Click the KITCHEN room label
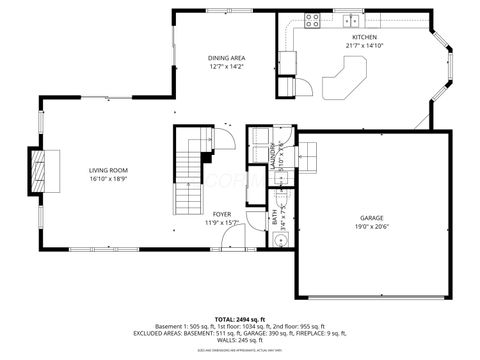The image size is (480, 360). tap(364, 37)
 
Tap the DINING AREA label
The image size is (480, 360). tap(226, 59)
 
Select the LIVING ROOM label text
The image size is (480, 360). tap(109, 171)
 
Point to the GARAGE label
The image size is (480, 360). tap(372, 218)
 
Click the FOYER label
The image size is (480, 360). tap(222, 214)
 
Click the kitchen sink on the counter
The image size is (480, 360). tap(352, 21)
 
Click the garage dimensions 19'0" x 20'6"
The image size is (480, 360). tap(372, 226)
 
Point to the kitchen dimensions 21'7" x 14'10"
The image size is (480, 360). tap(364, 45)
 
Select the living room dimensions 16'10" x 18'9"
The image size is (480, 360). tap(109, 179)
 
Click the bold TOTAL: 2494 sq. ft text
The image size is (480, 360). tap(240, 315)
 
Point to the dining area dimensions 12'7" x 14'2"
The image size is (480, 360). tap(226, 67)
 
